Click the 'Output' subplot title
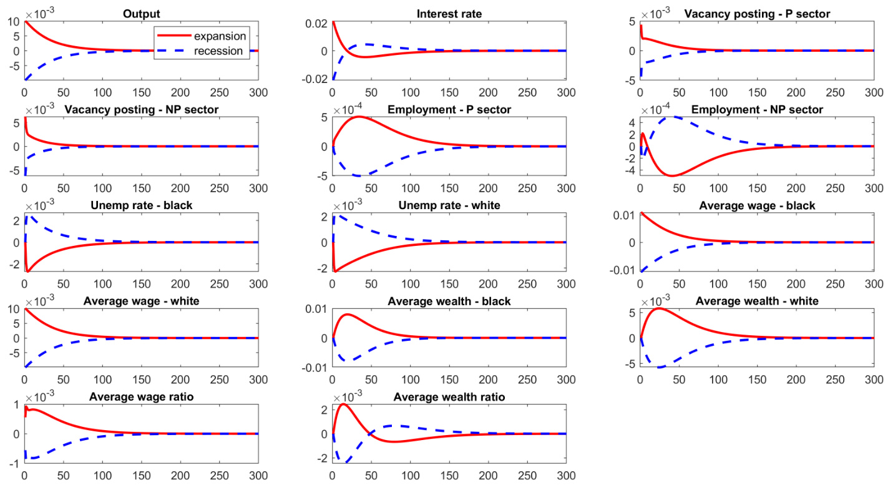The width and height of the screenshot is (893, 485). [x=141, y=13]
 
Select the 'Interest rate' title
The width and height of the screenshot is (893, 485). [x=449, y=13]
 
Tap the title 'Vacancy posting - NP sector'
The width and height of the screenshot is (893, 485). [x=141, y=110]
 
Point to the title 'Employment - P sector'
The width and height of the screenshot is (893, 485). [x=449, y=110]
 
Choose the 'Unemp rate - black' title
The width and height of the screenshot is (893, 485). [x=141, y=205]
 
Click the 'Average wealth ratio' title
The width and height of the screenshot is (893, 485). [x=449, y=397]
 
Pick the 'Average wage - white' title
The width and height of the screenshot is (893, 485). [x=141, y=301]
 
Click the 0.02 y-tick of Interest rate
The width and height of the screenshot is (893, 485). [x=316, y=23]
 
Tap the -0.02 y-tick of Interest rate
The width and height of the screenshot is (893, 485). [x=314, y=79]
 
